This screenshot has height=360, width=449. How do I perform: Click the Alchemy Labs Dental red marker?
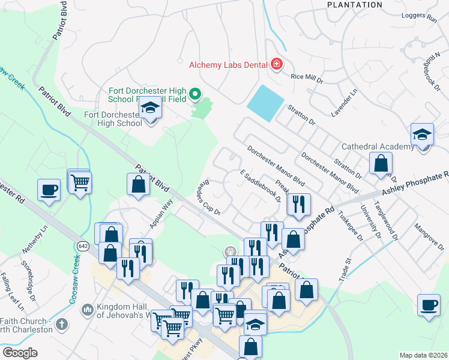coord(276,64)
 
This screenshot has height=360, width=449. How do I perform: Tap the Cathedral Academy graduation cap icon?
coord(422,135)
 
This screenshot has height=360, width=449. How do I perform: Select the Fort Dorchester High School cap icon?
coord(149,108)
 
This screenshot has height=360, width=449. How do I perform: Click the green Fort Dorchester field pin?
coord(194,94)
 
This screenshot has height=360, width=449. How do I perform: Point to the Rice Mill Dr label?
coord(307,77)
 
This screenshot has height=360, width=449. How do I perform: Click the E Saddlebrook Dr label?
coord(260,186)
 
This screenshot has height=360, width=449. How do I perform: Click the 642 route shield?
coord(83,245)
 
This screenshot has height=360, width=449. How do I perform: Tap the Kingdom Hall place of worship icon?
coord(87,308)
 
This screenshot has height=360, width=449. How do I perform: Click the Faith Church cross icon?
coord(60,325)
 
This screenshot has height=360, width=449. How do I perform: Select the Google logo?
coord(20,353)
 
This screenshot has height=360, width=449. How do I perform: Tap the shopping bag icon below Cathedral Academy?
coord(381,163)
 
